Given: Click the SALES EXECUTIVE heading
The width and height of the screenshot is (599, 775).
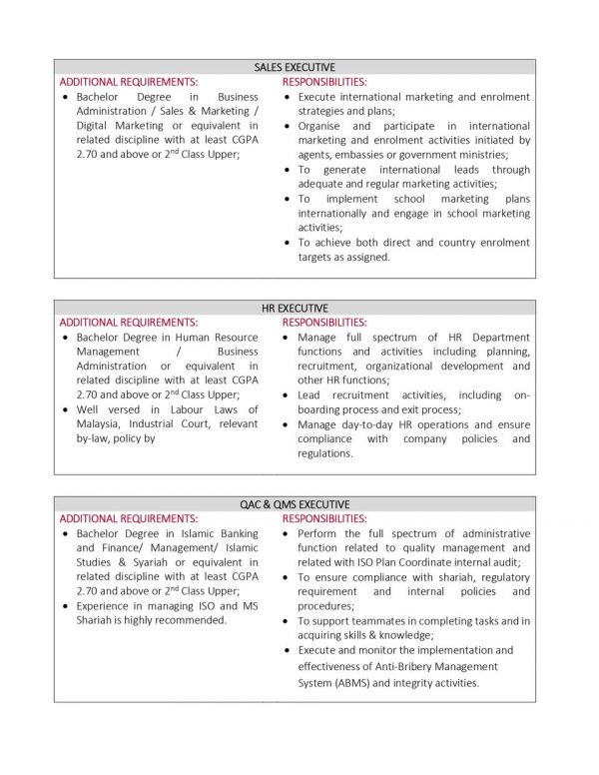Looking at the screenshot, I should (x=295, y=67).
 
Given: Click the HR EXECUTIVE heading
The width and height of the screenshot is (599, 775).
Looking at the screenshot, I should (x=295, y=309).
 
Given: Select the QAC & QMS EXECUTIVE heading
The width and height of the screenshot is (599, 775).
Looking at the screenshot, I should (x=295, y=504).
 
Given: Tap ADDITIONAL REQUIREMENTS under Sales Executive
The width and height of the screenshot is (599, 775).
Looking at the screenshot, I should (x=129, y=81).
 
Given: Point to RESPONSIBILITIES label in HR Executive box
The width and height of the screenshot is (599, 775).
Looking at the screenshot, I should (x=324, y=323).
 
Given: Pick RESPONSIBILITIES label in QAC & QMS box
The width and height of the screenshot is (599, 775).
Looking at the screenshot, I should (x=324, y=519).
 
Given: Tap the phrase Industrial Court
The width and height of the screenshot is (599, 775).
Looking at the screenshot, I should (x=178, y=423).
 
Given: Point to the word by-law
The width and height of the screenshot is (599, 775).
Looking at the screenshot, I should (x=96, y=438).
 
